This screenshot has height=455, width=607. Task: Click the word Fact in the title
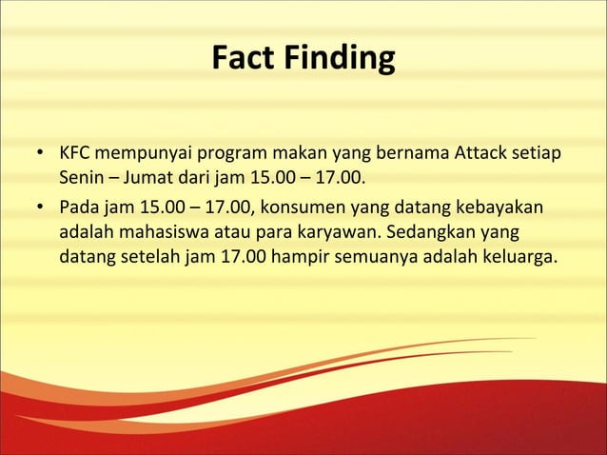243,59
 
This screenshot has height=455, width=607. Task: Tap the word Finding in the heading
338,59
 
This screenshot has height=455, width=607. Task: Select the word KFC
75,153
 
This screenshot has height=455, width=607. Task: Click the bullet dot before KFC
41,154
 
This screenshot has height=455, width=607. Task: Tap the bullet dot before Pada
41,209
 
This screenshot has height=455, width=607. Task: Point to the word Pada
78,208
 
